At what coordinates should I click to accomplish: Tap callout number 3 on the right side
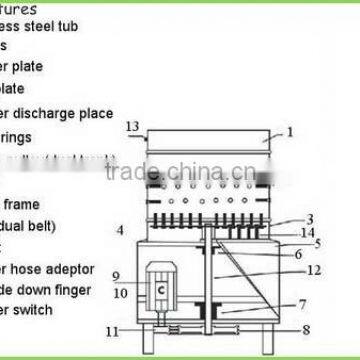(310, 218)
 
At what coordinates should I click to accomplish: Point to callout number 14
(310, 232)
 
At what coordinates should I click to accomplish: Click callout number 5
(318, 243)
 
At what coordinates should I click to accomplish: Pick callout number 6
(299, 254)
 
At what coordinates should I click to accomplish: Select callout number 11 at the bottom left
(115, 329)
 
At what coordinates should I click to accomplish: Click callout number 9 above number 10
(116, 276)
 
